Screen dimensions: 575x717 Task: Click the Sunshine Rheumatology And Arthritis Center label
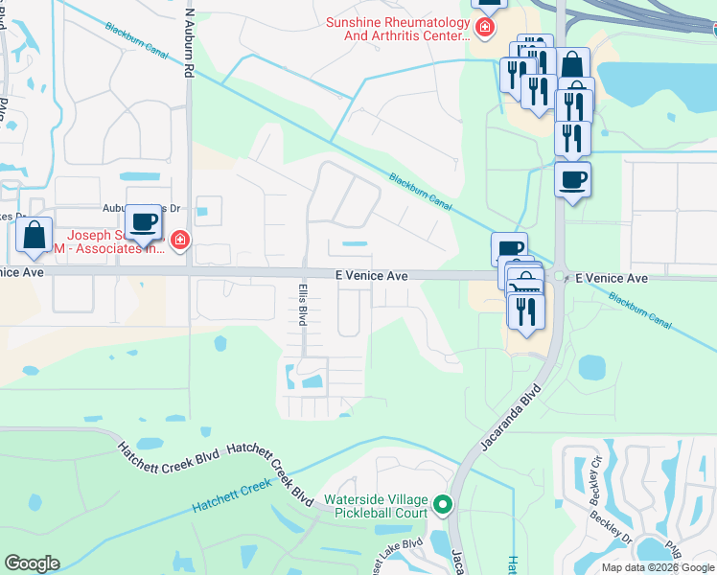[x=397, y=29]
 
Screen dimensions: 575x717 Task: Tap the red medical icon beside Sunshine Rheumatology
[x=485, y=28]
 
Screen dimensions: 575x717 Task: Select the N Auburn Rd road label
[x=190, y=43]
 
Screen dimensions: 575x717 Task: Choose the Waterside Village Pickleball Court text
[x=375, y=506]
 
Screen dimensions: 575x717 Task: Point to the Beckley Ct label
[x=595, y=477]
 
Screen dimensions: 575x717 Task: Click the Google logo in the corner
[x=32, y=563]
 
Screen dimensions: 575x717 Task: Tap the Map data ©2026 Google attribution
[x=659, y=567]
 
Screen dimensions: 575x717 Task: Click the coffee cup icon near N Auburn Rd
[x=144, y=222]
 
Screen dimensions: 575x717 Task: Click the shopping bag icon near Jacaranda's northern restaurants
[x=572, y=66]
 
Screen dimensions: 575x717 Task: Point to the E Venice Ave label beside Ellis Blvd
[x=372, y=276]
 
